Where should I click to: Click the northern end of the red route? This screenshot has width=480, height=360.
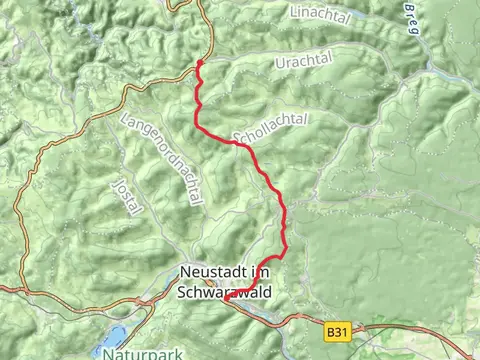point(200,63)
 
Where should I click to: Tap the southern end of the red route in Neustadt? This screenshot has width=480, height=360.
point(226,298)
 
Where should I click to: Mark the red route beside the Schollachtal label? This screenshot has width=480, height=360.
point(238,143)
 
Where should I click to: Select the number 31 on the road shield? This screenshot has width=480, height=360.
point(344,327)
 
